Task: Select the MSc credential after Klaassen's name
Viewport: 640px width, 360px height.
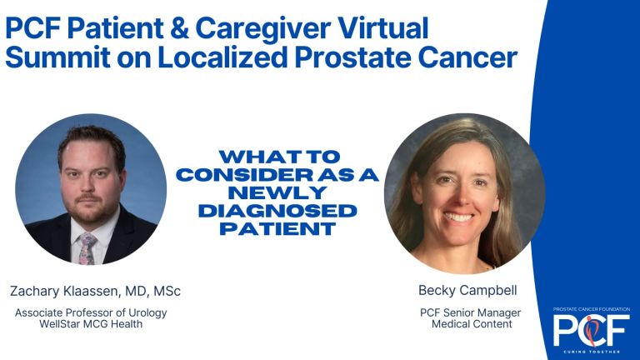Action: coord(167,291)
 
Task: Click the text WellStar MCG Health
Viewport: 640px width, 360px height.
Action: coord(92,323)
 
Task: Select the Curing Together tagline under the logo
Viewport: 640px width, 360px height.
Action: coord(591,350)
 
